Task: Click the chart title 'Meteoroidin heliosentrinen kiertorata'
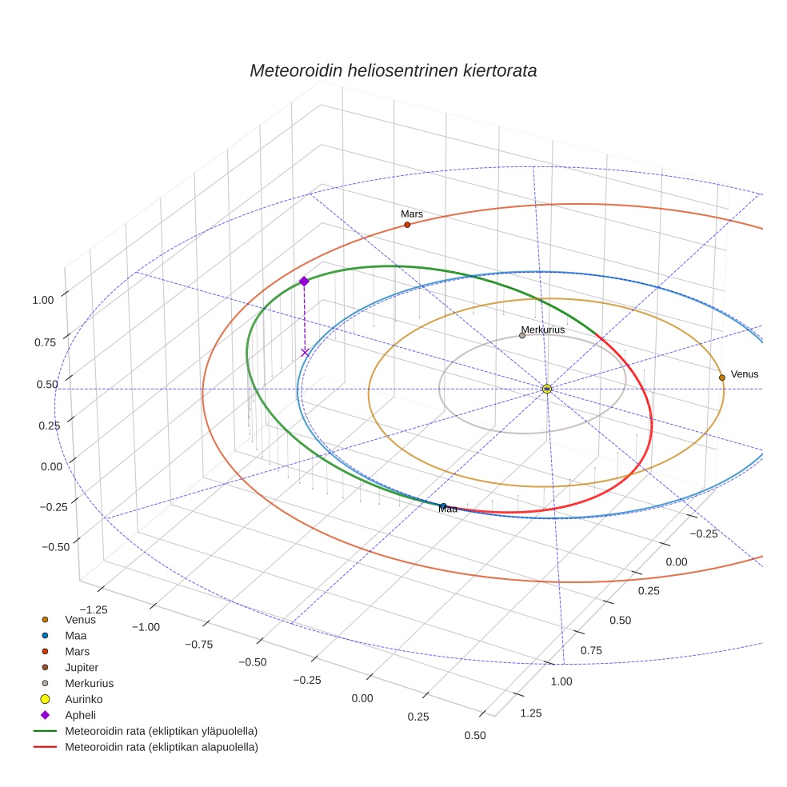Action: click(393, 70)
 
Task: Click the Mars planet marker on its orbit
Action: click(407, 225)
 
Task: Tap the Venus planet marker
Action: click(721, 378)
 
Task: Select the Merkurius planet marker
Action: click(522, 335)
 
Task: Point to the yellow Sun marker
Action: click(547, 389)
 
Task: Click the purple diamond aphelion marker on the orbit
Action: click(304, 281)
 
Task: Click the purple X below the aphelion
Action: click(305, 352)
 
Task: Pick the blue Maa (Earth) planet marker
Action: click(443, 505)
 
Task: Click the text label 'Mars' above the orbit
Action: click(412, 214)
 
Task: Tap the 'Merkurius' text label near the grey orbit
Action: click(543, 330)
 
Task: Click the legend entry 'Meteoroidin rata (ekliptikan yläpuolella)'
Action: click(161, 731)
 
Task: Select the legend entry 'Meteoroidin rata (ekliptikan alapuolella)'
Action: click(161, 747)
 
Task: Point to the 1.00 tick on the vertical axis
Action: click(42, 299)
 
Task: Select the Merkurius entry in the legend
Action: click(89, 683)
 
